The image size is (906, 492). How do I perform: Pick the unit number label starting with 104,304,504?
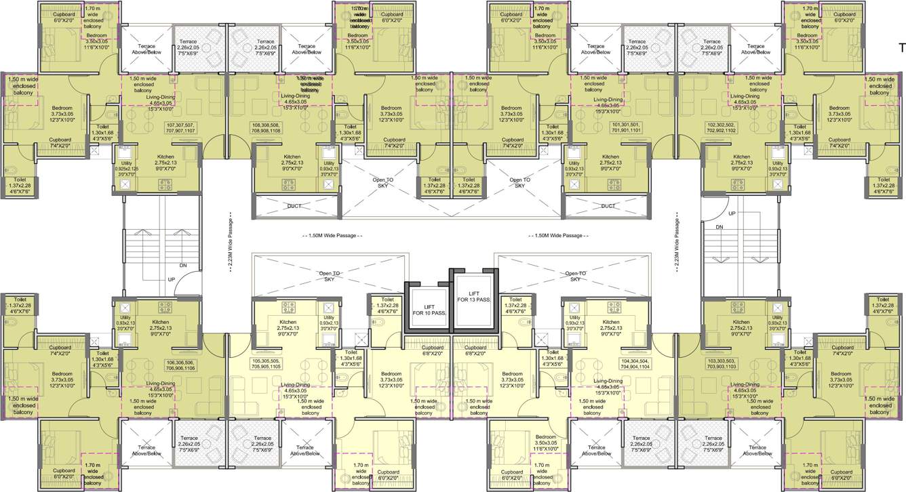[x=635, y=365]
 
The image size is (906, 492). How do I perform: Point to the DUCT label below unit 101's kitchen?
[x=608, y=206]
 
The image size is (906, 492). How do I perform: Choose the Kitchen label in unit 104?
[x=611, y=323]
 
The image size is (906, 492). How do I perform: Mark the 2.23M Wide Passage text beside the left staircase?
[x=230, y=245]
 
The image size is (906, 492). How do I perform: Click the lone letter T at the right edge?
[x=901, y=47]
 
